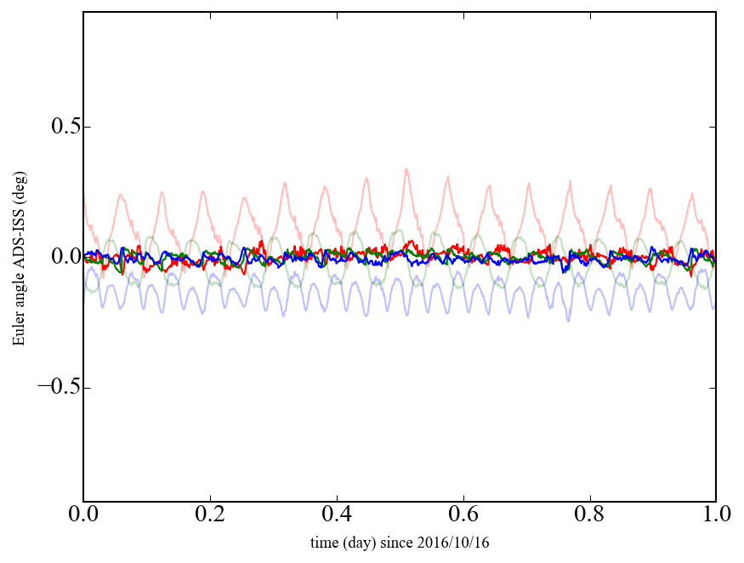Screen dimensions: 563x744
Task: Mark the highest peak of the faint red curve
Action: (x=406, y=169)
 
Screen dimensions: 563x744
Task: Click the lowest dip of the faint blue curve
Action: (x=569, y=321)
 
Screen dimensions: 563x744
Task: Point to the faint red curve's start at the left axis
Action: (x=84, y=197)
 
